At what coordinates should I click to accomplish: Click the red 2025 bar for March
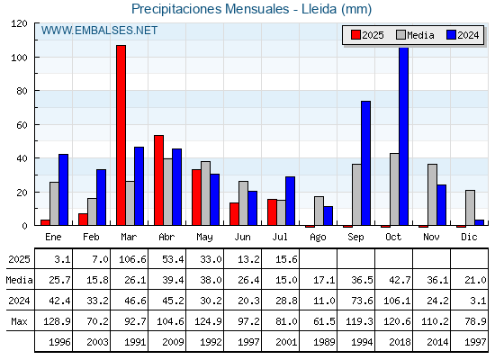point(121,135)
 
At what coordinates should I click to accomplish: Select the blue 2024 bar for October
point(404,136)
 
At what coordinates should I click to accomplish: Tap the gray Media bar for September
point(356,194)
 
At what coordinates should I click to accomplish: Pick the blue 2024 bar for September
point(365,163)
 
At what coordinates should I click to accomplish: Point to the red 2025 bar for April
point(158,180)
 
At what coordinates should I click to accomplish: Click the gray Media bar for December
point(470,208)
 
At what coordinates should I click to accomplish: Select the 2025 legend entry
point(367,35)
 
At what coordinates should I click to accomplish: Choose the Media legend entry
point(415,35)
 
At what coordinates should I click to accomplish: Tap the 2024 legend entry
point(463,35)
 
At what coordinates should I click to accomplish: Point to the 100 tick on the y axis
point(19,58)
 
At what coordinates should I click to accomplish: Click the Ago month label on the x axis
point(318,238)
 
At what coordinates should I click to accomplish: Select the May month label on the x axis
point(204,238)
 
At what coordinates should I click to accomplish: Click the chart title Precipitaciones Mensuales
point(211,9)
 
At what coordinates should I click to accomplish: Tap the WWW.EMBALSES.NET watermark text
point(99,31)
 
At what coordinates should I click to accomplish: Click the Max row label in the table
point(19,321)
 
